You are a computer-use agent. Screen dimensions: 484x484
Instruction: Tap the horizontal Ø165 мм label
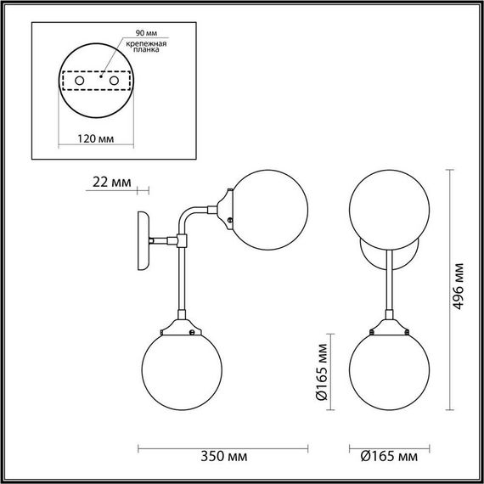390,458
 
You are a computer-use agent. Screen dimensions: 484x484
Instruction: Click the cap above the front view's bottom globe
390,326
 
